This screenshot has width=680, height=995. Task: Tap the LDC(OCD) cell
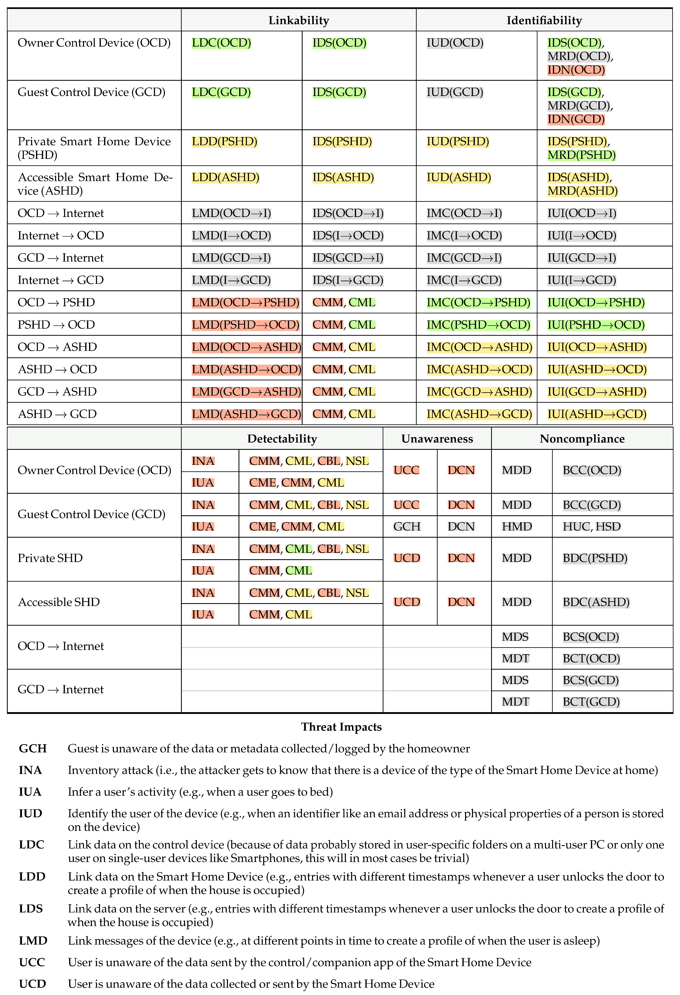tap(221, 43)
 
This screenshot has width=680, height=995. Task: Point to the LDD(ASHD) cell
tap(225, 177)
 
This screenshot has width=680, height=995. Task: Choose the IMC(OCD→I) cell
tap(464, 213)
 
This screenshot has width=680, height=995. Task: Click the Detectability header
tap(282, 439)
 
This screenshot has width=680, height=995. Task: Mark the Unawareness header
tap(437, 439)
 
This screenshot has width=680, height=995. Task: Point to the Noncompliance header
tap(582, 439)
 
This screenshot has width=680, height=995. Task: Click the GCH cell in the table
tap(407, 527)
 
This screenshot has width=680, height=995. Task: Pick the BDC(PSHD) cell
tap(595, 558)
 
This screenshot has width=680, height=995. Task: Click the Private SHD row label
tap(50, 558)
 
